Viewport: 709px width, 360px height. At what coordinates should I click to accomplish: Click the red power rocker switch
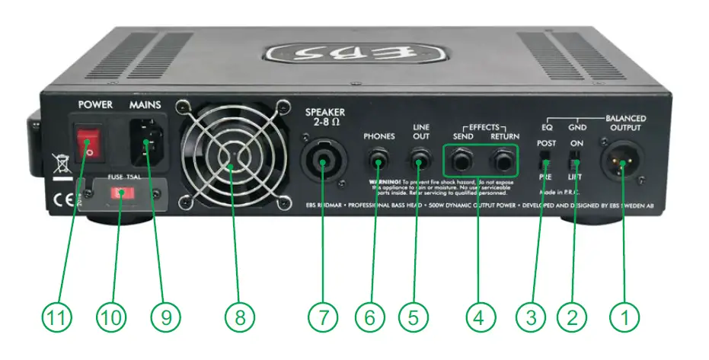[x=90, y=142]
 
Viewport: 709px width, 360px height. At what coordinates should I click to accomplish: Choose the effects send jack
[x=462, y=161]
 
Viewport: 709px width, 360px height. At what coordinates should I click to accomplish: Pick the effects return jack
[x=503, y=161]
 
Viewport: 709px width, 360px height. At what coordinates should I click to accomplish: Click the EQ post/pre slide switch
[x=545, y=161]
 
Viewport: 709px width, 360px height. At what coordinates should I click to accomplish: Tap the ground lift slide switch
[x=576, y=161]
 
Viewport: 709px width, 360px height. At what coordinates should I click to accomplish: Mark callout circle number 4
[x=479, y=317]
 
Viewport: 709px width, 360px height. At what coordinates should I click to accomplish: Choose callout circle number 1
[x=626, y=317]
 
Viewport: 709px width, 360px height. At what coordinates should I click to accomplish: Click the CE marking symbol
[x=57, y=204]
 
